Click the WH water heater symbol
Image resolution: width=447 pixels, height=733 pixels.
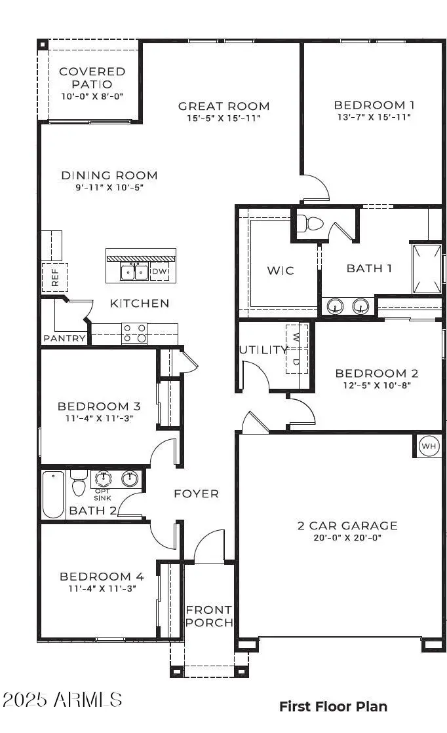pos(429,447)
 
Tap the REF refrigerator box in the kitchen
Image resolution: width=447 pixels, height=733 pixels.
pos(54,276)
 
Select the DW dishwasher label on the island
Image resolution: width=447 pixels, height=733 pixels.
pos(159,271)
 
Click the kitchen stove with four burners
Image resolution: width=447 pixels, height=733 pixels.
pos(134,334)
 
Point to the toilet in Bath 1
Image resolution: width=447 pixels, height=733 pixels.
pos(310,224)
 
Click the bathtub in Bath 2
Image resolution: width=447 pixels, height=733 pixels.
pos(52,494)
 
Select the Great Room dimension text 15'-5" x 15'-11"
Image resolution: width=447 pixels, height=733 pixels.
pos(224,118)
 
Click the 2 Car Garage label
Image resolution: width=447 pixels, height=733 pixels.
pos(347,525)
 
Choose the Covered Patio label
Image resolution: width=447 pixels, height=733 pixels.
pos(92,78)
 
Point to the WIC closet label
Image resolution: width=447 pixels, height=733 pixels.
pos(280,270)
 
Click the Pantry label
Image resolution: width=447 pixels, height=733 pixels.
pos(64,338)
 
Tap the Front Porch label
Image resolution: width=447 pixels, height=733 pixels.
pos(208,616)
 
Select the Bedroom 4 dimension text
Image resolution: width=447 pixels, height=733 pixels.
pos(102,588)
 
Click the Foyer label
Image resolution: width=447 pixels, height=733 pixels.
pos(196,493)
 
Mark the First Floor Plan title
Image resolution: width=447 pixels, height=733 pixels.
pos(333,706)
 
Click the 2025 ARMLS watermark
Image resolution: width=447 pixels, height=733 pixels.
pos(62,699)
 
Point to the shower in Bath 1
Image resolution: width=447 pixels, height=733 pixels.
pos(426,268)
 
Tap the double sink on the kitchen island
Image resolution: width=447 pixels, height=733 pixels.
pos(134,271)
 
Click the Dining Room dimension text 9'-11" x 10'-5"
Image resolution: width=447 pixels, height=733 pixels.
pos(109,187)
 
